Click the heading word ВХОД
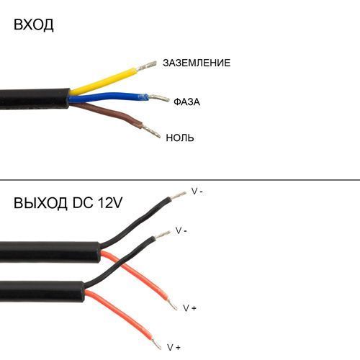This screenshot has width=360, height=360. click(34, 24)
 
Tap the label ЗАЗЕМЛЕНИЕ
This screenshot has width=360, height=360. click(197, 63)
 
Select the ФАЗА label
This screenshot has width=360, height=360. click(186, 102)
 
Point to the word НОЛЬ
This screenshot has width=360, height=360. click(180, 138)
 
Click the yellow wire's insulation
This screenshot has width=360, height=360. click(104, 81)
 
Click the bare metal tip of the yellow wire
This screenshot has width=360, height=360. click(146, 66)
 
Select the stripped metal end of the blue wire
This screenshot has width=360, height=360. click(159, 98)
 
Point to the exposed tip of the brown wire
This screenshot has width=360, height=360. click(151, 132)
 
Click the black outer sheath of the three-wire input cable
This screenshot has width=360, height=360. click(35, 99)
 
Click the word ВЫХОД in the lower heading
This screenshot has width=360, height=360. click(40, 203)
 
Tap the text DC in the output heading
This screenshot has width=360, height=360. click(83, 203)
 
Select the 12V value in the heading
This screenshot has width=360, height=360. click(110, 203)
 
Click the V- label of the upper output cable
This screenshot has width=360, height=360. click(197, 192)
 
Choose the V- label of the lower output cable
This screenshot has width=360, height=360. click(181, 230)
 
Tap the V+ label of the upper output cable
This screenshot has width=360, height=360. click(189, 308)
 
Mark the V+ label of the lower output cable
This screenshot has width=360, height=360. click(174, 347)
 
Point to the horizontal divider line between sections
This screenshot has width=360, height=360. click(180, 179)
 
